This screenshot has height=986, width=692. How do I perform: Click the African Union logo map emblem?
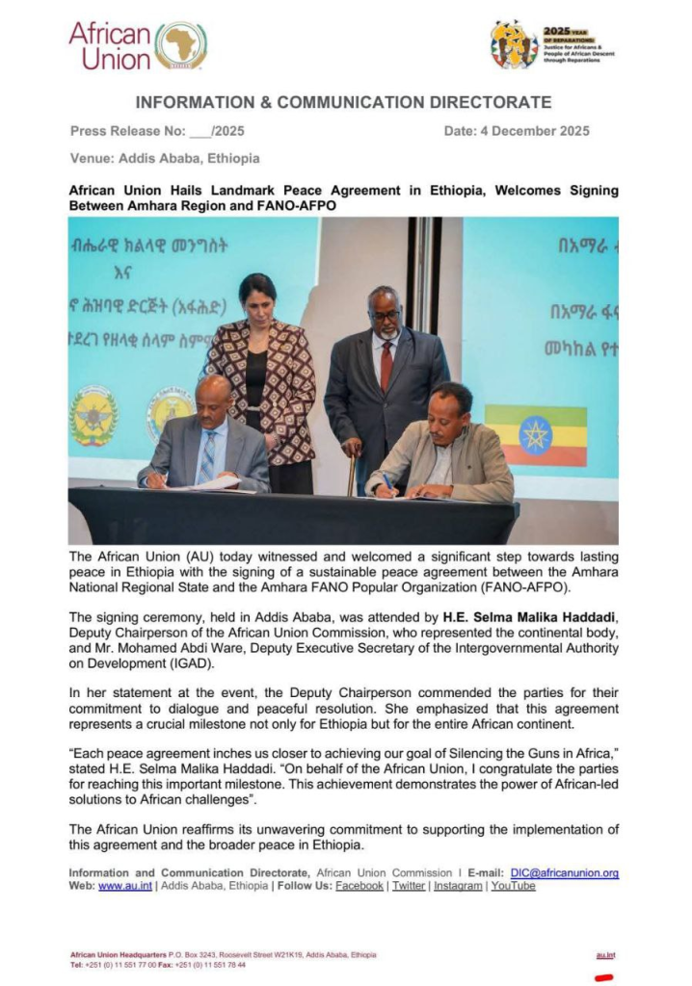pyautogui.click(x=180, y=45)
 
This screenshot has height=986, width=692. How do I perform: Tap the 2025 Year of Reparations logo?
pyautogui.click(x=552, y=45)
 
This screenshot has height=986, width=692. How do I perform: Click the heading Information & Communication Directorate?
pyautogui.click(x=343, y=102)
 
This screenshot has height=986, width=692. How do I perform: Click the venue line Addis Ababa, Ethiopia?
pyautogui.click(x=165, y=158)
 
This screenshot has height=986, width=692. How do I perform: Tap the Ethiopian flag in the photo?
pyautogui.click(x=536, y=434)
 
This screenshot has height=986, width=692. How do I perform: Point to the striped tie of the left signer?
pyautogui.click(x=207, y=458)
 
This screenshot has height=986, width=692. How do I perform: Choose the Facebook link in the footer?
pyautogui.click(x=359, y=886)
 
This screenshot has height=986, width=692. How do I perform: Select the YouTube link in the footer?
pyautogui.click(x=513, y=886)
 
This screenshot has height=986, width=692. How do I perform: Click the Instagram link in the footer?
pyautogui.click(x=458, y=886)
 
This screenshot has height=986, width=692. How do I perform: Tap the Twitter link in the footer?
pyautogui.click(x=409, y=886)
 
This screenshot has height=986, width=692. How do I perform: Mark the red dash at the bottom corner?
pyautogui.click(x=605, y=975)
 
